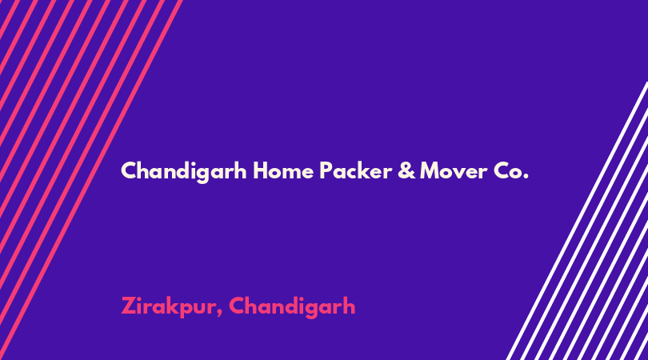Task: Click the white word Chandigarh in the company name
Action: pyautogui.click(x=184, y=171)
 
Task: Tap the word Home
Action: pyautogui.click(x=283, y=170)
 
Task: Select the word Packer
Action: pyautogui.click(x=356, y=170)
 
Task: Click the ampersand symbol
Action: pyautogui.click(x=406, y=170)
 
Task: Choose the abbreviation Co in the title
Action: pyautogui.click(x=508, y=170)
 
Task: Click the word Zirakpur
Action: pyautogui.click(x=168, y=307)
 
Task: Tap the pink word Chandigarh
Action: pyautogui.click(x=292, y=307)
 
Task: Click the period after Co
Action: pyautogui.click(x=526, y=177)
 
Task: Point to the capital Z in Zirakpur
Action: pyautogui.click(x=129, y=306)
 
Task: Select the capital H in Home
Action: pyautogui.click(x=261, y=170)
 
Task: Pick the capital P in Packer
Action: pyautogui.click(x=326, y=170)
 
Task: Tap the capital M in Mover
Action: pyautogui.click(x=431, y=170)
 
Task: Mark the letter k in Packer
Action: pyautogui.click(x=365, y=170)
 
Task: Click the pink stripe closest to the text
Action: pyautogui.click(x=91, y=180)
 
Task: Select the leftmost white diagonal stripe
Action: pyautogui.click(x=578, y=221)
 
